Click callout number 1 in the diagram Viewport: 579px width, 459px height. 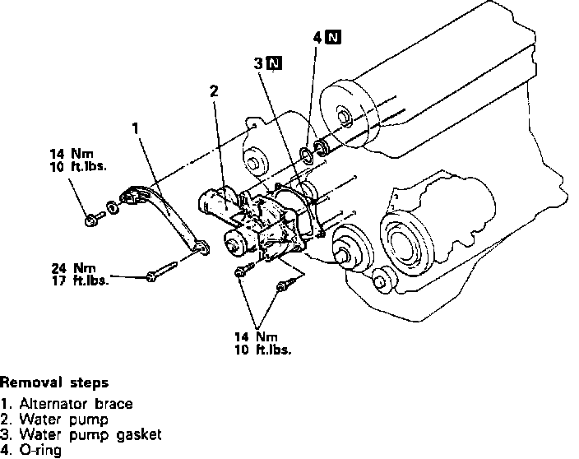point(136,128)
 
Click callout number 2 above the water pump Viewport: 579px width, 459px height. point(214,91)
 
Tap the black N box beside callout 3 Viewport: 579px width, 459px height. point(274,63)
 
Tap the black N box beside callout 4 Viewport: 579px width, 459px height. point(333,37)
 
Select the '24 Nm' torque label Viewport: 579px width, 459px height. point(73,267)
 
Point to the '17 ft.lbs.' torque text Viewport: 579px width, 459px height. point(80,280)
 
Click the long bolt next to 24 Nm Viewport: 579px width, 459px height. point(162,271)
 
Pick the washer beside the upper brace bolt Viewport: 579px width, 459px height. point(113,207)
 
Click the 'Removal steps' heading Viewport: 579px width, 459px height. point(54,382)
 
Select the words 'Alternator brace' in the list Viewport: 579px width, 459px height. point(76,404)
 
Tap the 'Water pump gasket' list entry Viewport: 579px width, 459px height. point(90,434)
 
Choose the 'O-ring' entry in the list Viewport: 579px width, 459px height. point(40,451)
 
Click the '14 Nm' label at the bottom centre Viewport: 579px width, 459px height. point(257,336)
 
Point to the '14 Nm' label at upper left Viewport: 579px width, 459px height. point(72,154)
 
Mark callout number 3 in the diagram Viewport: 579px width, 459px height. point(258,63)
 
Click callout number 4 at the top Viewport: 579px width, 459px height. point(317,37)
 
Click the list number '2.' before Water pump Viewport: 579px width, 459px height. point(5,420)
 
